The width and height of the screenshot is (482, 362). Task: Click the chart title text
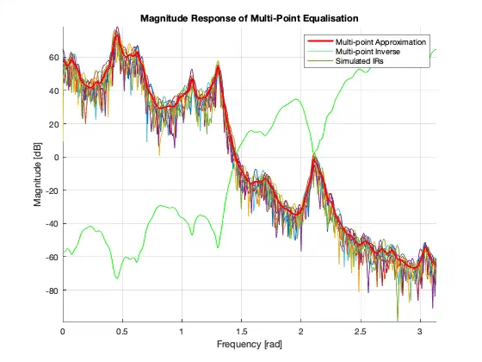pos(250,18)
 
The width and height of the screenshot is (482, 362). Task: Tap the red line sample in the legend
pos(320,41)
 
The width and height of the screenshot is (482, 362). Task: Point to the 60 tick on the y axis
pos(54,57)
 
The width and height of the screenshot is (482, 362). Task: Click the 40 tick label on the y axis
pos(54,90)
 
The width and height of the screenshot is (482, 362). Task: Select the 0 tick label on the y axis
pos(56,157)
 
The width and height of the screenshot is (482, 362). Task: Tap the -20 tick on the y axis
pos(53,190)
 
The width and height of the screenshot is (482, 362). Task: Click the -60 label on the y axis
pos(53,257)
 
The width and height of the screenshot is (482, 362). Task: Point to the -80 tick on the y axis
pos(53,290)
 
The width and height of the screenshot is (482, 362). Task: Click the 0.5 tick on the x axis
pos(122,331)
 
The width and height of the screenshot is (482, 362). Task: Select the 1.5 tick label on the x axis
pos(242,331)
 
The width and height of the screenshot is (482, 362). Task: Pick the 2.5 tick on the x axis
pos(361,331)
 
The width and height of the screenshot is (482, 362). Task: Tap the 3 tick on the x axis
pos(420,331)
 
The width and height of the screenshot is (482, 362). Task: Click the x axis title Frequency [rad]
pos(250,344)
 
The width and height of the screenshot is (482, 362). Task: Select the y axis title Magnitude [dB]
pos(38,174)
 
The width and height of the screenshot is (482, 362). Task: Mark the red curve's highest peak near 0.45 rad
pos(117,35)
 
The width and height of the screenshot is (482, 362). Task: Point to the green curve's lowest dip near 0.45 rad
pos(117,278)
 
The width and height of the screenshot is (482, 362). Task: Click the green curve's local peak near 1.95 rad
pos(296,99)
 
